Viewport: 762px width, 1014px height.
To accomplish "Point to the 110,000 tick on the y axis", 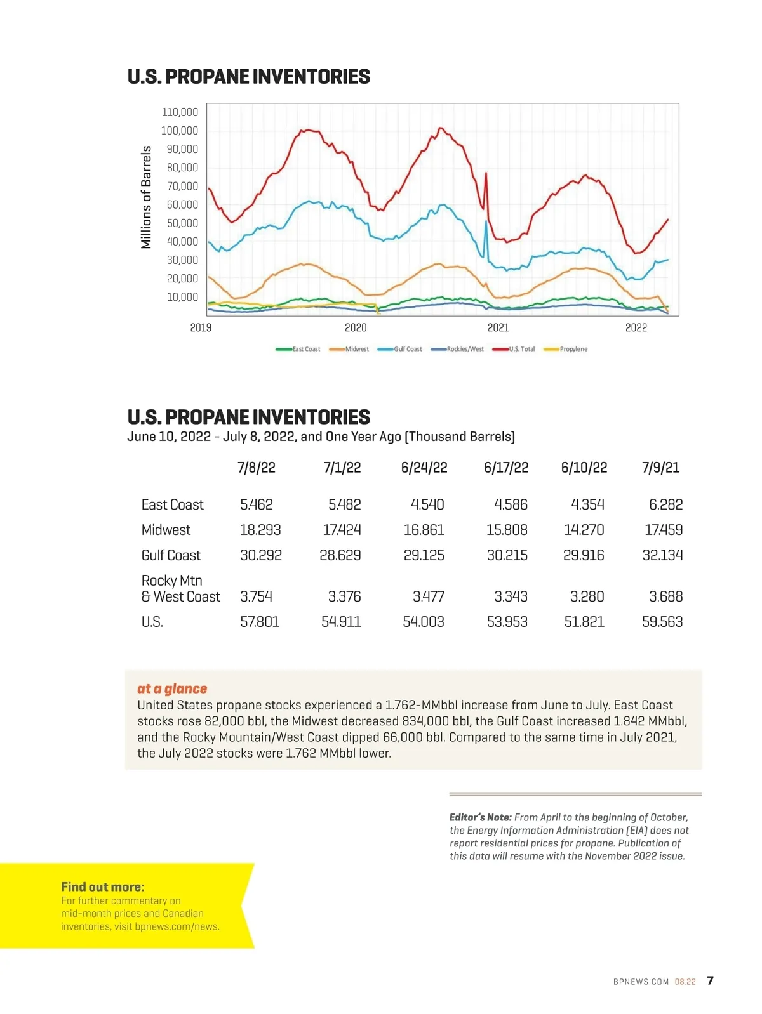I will pos(180,112).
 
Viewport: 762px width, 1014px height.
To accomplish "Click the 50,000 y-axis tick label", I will pos(182,223).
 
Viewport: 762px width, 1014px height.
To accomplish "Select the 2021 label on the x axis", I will pos(498,327).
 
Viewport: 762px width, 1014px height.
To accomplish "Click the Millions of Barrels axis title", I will pos(147,197).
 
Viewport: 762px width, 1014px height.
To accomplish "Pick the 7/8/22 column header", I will pos(256,468).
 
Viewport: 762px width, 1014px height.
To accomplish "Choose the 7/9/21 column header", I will pos(660,468).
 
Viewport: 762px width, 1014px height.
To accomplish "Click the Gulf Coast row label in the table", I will pos(171,555).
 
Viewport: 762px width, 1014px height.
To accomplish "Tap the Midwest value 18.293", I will pos(260,530).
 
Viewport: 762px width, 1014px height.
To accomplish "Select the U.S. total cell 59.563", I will pos(662,622).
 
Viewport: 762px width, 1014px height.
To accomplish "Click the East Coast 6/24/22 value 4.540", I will pos(427,504).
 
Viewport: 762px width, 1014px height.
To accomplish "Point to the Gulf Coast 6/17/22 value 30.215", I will pos(507,555).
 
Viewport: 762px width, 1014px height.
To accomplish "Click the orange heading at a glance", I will pos(172,688).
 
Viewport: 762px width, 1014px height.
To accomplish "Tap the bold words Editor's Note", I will pos(480,817).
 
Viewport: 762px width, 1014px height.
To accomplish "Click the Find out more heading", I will pos(103,887).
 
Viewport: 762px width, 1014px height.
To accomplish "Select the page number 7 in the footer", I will pos(710,980).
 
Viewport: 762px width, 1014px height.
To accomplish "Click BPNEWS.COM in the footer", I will pos(641,982).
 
